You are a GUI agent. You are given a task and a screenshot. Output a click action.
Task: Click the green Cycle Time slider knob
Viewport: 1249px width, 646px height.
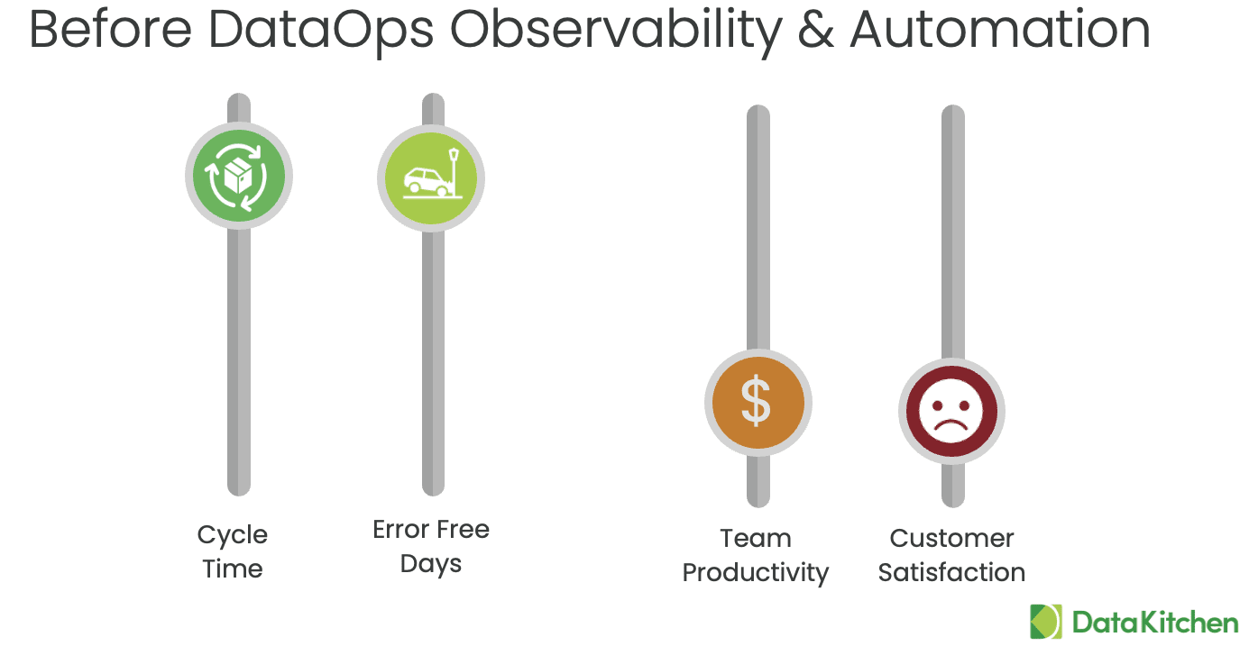(239, 176)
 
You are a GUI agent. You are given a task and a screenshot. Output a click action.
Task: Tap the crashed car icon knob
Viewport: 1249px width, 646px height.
(431, 178)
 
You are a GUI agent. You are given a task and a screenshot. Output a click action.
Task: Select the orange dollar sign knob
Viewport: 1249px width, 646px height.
(758, 403)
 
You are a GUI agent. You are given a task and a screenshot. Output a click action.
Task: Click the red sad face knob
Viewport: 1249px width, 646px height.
(951, 411)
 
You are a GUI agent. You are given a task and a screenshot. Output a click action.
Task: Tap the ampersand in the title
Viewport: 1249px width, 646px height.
(816, 30)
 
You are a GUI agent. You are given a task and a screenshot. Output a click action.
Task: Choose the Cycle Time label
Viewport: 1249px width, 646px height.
(233, 551)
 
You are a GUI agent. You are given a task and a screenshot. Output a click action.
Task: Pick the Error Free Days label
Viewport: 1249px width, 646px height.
(431, 546)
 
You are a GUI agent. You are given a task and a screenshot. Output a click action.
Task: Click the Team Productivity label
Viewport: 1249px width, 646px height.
(756, 556)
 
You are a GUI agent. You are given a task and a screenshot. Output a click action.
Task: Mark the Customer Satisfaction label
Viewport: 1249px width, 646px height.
(951, 555)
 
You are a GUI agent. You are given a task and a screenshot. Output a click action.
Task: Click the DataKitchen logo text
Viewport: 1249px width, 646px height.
(1155, 623)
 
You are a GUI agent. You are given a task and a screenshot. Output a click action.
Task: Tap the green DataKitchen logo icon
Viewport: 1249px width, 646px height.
(1046, 622)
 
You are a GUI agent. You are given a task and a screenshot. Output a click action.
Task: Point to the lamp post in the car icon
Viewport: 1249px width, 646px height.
(455, 171)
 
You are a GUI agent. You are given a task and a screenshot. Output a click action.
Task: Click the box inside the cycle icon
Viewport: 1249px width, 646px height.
(238, 175)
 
